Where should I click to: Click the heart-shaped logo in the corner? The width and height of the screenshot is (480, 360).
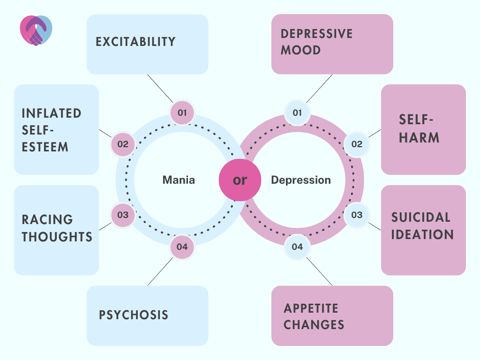(x=36, y=30)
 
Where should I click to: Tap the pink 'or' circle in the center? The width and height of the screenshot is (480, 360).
(x=240, y=180)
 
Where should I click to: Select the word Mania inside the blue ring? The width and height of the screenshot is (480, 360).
(x=179, y=180)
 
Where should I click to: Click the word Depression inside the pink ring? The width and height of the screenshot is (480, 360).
(x=301, y=180)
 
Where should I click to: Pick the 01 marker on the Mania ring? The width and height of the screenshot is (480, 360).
(x=182, y=112)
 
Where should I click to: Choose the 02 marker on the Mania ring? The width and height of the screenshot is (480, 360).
(x=123, y=144)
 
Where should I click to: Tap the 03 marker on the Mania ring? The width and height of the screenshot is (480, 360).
(x=123, y=215)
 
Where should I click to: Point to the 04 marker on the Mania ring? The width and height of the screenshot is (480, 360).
(x=182, y=247)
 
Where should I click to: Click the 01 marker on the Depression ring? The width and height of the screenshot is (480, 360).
(x=297, y=112)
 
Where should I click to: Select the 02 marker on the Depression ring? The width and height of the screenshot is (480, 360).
(x=357, y=144)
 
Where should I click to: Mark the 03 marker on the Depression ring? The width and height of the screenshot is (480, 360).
(x=357, y=215)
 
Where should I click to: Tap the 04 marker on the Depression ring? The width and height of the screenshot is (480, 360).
(x=297, y=247)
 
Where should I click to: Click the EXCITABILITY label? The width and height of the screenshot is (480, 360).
(x=135, y=42)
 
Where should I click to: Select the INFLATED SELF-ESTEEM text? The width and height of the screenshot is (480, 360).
(x=52, y=130)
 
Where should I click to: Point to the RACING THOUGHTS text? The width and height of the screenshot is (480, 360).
(x=57, y=228)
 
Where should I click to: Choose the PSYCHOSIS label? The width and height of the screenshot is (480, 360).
(x=134, y=315)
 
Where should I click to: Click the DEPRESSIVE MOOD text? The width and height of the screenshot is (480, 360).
(x=316, y=42)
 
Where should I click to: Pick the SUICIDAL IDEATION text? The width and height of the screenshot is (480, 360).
(x=422, y=226)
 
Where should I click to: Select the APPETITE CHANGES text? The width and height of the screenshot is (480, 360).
(x=314, y=316)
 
